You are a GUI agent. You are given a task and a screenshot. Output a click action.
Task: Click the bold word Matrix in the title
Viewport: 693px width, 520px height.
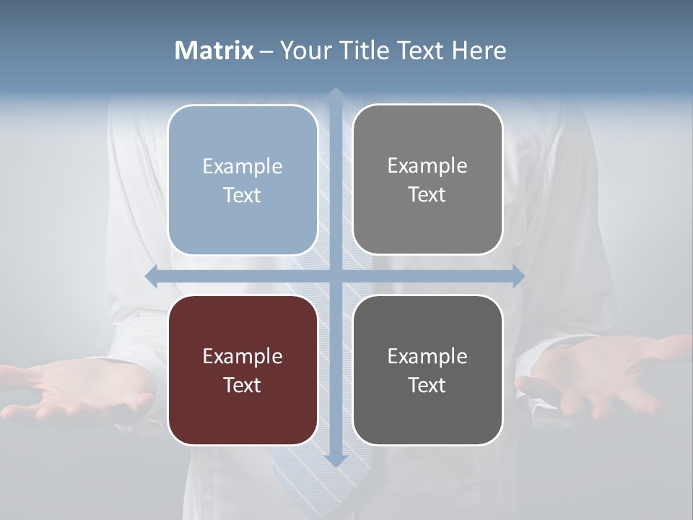214,51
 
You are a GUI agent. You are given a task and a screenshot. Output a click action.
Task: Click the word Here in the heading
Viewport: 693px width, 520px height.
479,51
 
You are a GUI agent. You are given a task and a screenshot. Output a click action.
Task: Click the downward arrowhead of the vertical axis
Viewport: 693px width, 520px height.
335,460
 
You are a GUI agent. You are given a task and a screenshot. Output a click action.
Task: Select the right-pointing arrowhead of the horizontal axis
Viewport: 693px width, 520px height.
518,276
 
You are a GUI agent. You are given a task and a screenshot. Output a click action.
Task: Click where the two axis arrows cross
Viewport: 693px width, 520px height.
335,276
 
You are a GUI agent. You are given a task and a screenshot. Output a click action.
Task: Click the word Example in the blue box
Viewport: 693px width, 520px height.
243,167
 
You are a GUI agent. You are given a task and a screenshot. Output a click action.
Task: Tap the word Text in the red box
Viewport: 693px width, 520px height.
243,385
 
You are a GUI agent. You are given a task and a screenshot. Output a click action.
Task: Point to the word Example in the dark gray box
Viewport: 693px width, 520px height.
427,356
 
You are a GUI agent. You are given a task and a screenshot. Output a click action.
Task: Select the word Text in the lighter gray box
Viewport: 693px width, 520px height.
427,195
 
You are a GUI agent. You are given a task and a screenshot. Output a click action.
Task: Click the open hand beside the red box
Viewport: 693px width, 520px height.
79,390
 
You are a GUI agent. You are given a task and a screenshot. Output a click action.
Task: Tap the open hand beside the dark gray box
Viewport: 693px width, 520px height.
599,376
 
